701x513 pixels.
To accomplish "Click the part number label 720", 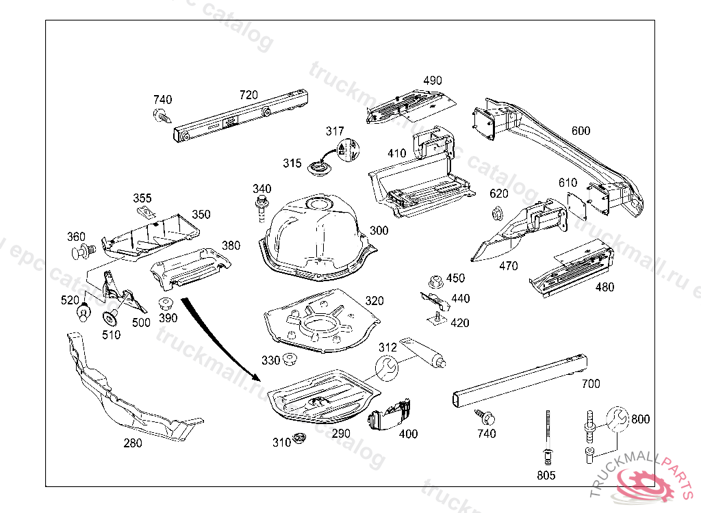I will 248,94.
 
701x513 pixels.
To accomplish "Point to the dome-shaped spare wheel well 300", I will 315,233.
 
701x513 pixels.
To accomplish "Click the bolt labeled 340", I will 261,207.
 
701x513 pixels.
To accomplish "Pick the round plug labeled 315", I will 318,166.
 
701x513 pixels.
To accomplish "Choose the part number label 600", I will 581,131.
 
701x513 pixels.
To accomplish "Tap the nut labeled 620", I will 498,213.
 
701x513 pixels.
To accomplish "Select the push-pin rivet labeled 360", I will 82,252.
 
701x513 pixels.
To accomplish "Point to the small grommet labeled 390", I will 165,304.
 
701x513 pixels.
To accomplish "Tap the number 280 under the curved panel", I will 133,443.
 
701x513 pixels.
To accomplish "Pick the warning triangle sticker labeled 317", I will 348,151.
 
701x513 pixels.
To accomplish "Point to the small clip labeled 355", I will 145,211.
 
